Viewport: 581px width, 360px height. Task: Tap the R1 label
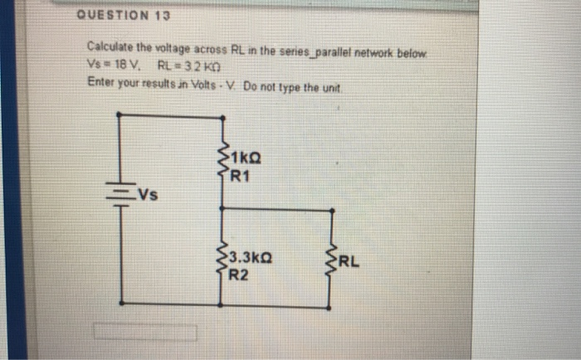(241, 174)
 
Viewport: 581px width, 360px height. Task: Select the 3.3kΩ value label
(249, 258)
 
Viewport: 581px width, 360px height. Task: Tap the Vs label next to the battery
(149, 197)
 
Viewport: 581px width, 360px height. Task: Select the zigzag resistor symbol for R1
(222, 163)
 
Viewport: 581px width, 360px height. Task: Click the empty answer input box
(144, 333)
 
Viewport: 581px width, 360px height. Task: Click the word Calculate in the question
(110, 51)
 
